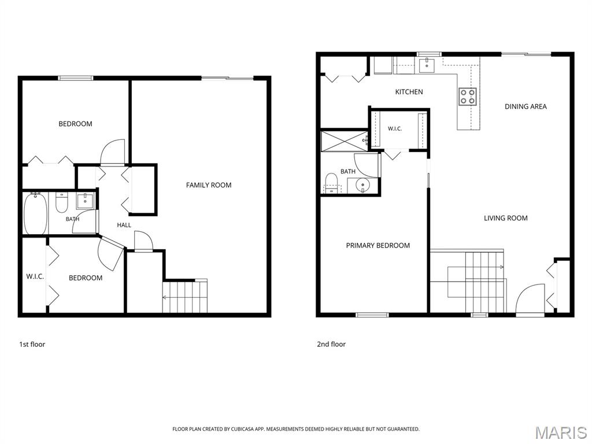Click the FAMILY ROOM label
point(208,185)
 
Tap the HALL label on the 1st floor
point(124,225)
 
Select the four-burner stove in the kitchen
point(467,97)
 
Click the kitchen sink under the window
point(427,65)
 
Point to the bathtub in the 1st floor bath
point(35,213)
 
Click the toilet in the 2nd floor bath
point(331,183)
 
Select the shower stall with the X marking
point(344,141)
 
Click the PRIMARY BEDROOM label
point(378,245)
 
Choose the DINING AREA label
point(526,106)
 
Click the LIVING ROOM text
point(505,218)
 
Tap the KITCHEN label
point(409,92)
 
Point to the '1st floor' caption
point(32,345)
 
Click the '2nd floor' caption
point(331,345)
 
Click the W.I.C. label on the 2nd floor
point(394,129)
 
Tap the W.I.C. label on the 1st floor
point(35,276)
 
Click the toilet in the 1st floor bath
point(61,202)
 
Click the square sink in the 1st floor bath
point(85,201)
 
